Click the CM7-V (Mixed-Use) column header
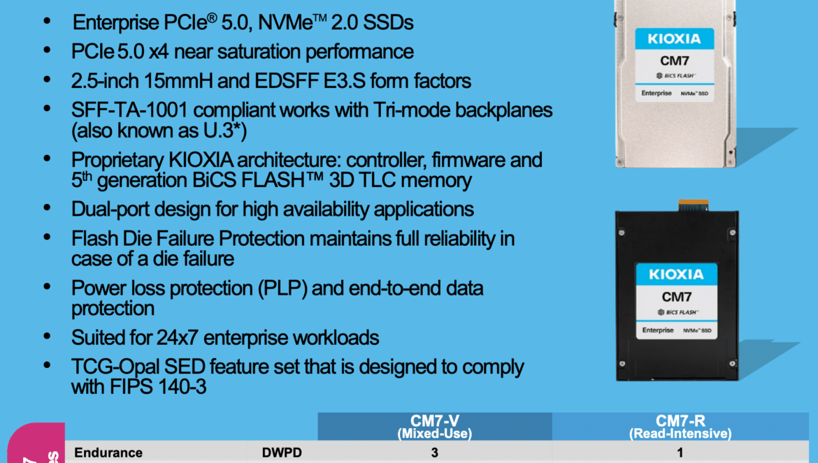pos(435,427)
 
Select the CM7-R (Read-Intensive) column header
pos(680,427)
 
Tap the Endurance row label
pos(108,453)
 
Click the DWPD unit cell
pos(282,453)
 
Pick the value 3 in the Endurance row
pos(435,453)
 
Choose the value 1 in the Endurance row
pos(680,453)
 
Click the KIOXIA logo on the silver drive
pos(674,38)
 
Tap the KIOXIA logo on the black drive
pos(676,274)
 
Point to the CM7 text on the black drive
pos(677,297)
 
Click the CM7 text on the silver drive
pos(675,61)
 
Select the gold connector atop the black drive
pos(694,205)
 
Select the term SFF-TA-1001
pos(129,110)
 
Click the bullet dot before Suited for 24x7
pos(47,336)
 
